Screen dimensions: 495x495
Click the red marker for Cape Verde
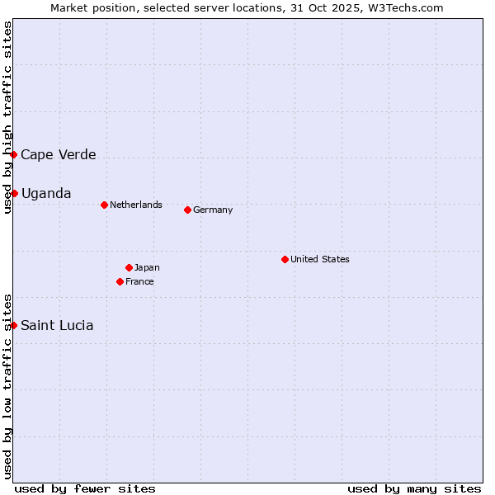(14, 155)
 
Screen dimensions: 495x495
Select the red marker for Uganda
(14, 193)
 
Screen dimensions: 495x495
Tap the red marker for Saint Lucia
(14, 325)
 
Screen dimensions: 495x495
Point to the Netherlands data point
(104, 205)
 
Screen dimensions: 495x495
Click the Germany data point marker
(187, 210)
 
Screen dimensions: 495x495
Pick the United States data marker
(285, 259)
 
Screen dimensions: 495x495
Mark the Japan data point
(129, 267)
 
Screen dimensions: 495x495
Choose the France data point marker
(120, 281)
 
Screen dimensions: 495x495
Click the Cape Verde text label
(59, 155)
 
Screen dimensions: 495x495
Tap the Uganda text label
(46, 193)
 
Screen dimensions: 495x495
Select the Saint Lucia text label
(57, 325)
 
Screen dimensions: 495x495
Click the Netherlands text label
(136, 205)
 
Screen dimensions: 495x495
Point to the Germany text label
(213, 210)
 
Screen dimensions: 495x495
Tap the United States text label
(320, 259)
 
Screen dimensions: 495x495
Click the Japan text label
(147, 267)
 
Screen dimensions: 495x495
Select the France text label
(139, 281)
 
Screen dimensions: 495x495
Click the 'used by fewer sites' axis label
(85, 488)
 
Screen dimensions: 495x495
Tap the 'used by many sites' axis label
(414, 488)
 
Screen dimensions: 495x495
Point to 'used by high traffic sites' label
(7, 117)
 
